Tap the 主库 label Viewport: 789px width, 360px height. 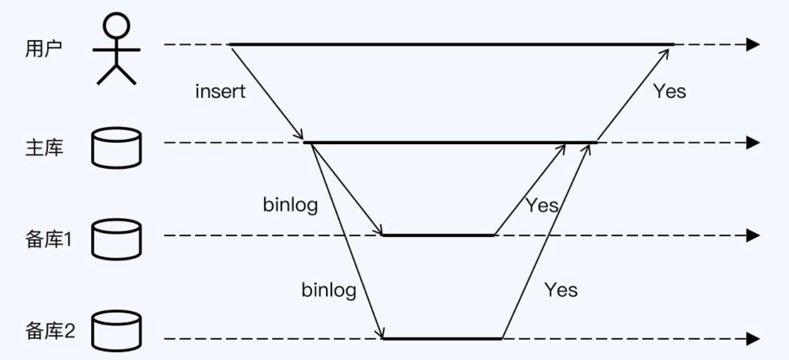[x=44, y=149]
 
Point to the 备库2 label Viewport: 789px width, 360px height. [x=50, y=332]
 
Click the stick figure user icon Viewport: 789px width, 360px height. [x=116, y=49]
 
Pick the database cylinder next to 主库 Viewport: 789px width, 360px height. [x=117, y=148]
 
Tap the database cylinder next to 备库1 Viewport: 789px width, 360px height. [x=117, y=239]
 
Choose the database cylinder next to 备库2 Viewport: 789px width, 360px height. [x=117, y=331]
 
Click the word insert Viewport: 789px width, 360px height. [x=221, y=91]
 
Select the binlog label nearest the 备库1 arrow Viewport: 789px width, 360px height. [x=290, y=205]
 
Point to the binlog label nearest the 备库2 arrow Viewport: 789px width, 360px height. [x=329, y=290]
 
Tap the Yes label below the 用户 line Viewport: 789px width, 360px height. [x=670, y=91]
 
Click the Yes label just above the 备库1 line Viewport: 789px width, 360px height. [x=542, y=205]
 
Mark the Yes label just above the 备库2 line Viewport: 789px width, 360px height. [x=561, y=289]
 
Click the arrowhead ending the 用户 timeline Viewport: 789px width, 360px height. [x=753, y=44]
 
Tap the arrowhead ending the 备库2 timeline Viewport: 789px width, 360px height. [x=753, y=339]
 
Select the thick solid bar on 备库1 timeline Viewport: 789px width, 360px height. [x=438, y=235]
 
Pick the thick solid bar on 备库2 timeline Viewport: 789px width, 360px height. [x=442, y=339]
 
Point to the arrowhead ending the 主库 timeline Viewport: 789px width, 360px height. [x=753, y=142]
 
